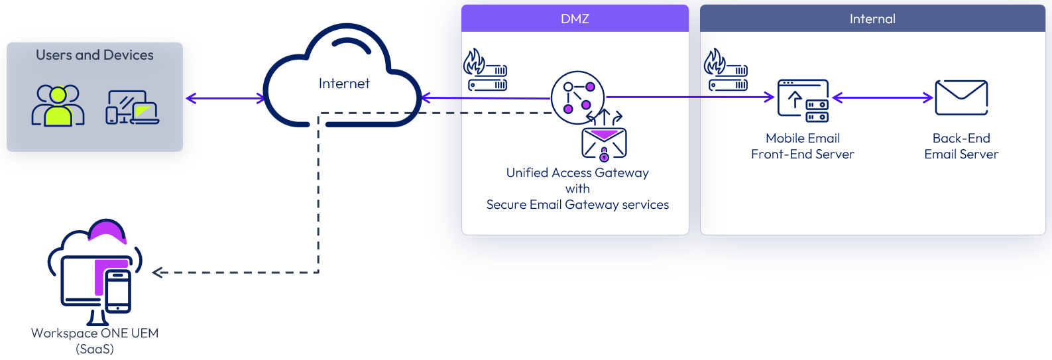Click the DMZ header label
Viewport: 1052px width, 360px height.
point(575,19)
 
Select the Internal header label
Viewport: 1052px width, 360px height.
point(872,19)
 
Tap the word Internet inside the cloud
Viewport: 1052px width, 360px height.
point(344,84)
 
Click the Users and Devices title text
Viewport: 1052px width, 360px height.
point(95,55)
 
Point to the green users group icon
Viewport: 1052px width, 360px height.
point(58,105)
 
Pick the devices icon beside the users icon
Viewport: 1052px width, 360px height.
point(133,107)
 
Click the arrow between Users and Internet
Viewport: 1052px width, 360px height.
point(225,99)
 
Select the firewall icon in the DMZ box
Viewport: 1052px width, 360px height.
point(485,70)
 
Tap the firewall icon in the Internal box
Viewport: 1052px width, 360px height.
point(726,70)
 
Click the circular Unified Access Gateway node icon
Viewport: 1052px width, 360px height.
point(577,97)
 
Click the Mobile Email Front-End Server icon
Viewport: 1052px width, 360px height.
point(803,101)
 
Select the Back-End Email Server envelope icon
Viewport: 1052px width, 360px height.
point(961,98)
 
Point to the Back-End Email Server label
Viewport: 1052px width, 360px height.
point(961,147)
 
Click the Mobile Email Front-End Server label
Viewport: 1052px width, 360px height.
point(802,147)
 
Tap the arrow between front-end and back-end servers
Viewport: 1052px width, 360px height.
point(882,98)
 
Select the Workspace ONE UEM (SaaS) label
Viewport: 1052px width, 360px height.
point(95,341)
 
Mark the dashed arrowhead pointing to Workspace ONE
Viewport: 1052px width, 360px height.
point(158,272)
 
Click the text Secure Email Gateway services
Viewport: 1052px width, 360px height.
point(577,205)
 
